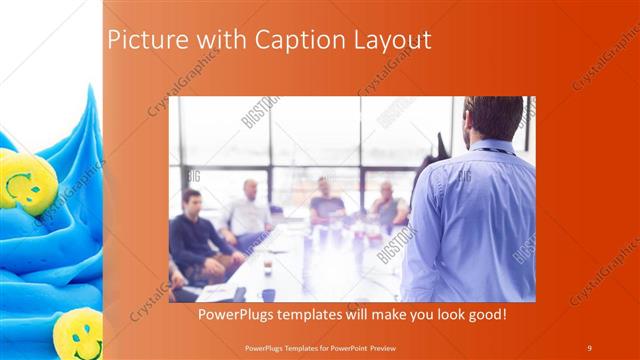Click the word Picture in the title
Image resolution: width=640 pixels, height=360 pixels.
point(141,40)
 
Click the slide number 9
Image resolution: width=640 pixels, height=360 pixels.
point(589,347)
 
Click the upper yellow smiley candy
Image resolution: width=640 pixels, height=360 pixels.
point(24,181)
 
